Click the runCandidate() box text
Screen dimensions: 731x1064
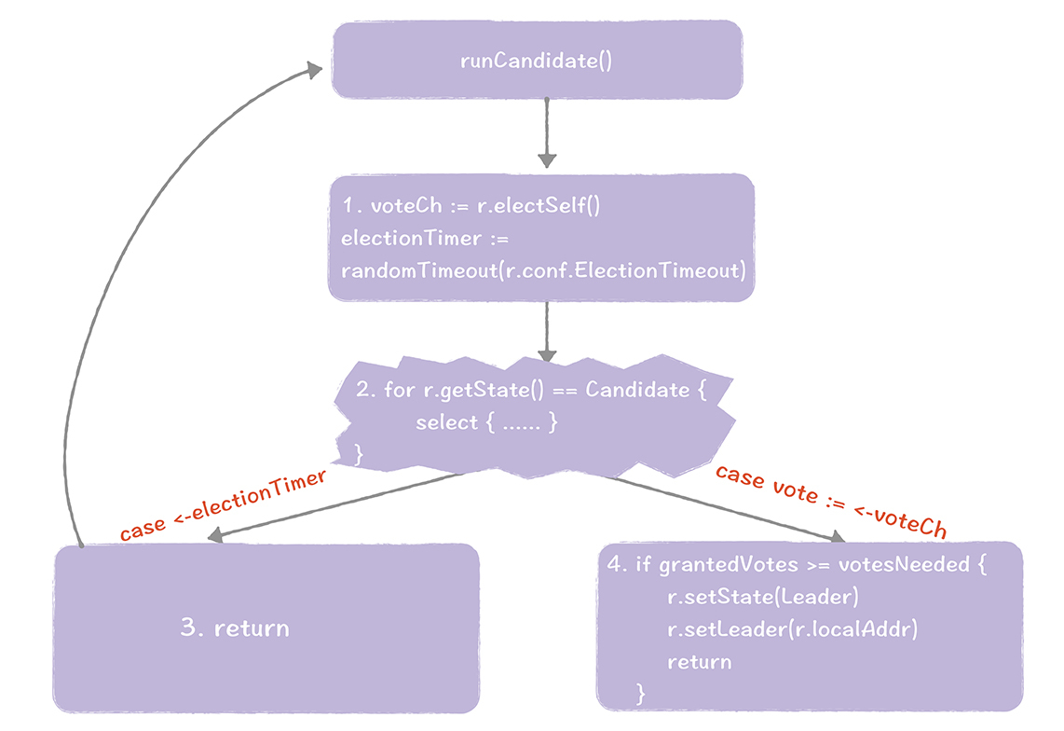536,62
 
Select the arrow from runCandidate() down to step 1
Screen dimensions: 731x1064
547,131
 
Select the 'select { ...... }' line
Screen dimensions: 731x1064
486,421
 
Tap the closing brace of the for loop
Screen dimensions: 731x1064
359,453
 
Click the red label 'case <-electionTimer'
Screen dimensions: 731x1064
224,504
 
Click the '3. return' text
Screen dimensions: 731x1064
235,628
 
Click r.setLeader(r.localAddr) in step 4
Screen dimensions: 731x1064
792,629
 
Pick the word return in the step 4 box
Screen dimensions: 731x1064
699,662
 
